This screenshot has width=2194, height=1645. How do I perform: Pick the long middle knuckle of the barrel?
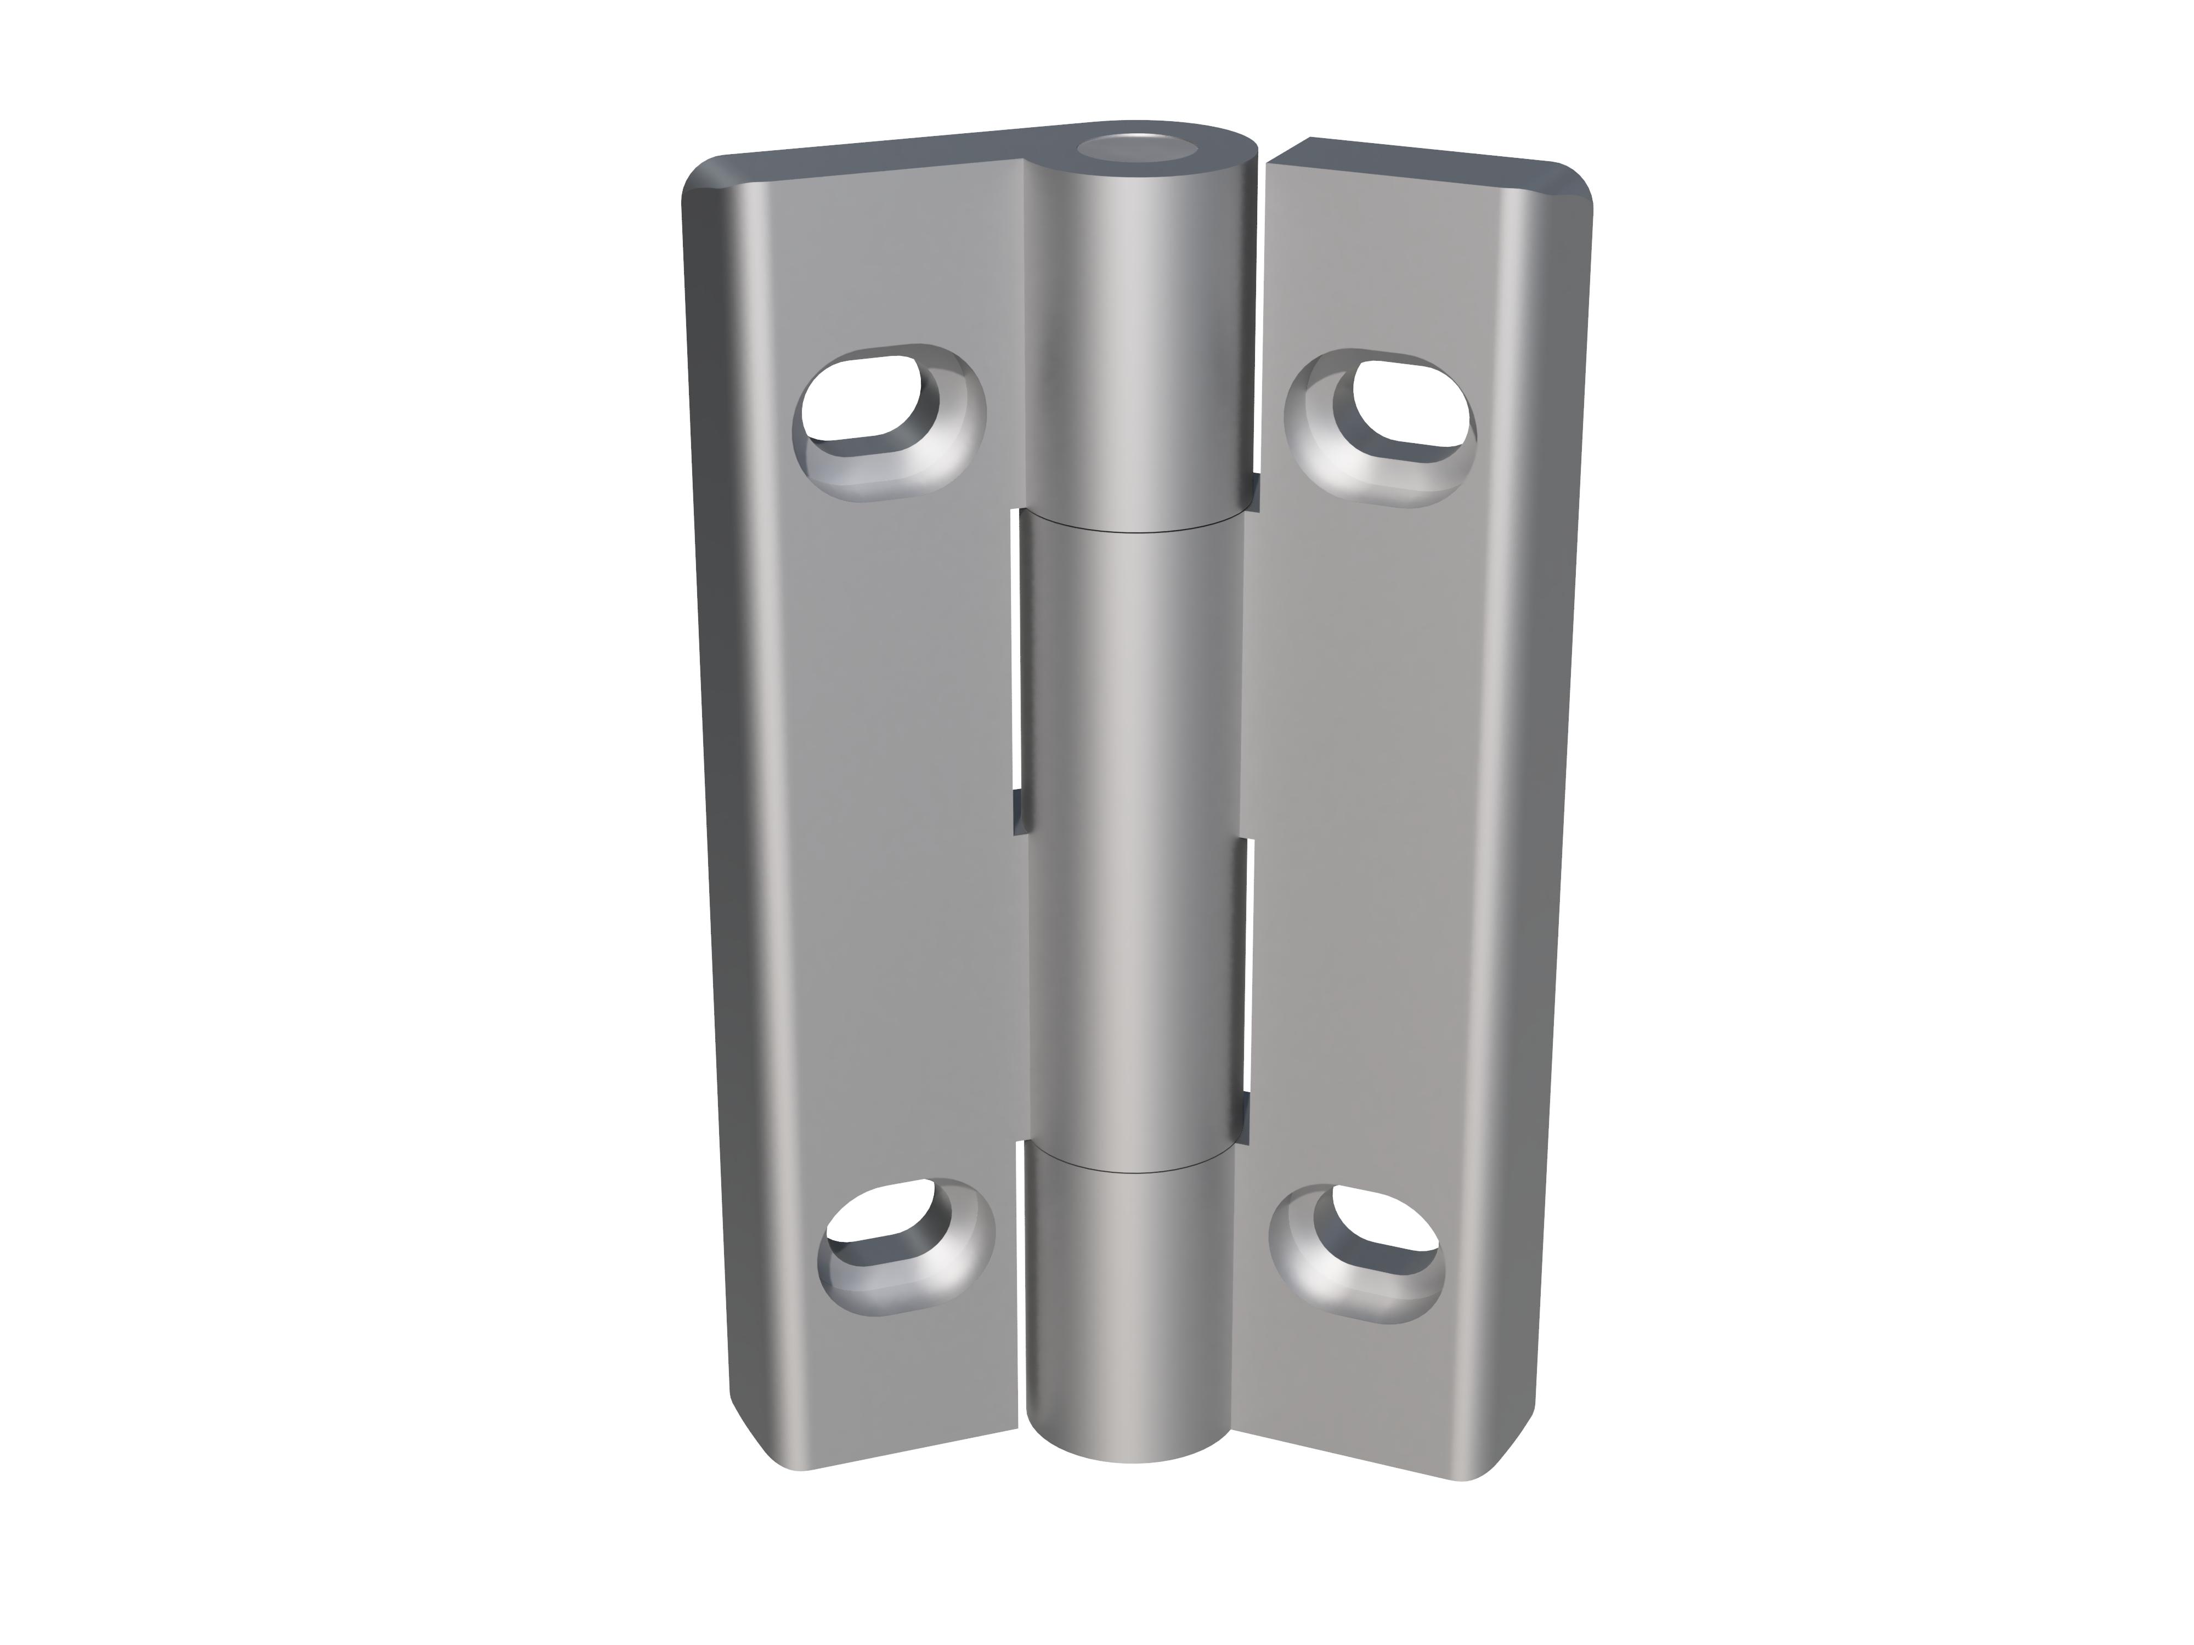[x=1136, y=843]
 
